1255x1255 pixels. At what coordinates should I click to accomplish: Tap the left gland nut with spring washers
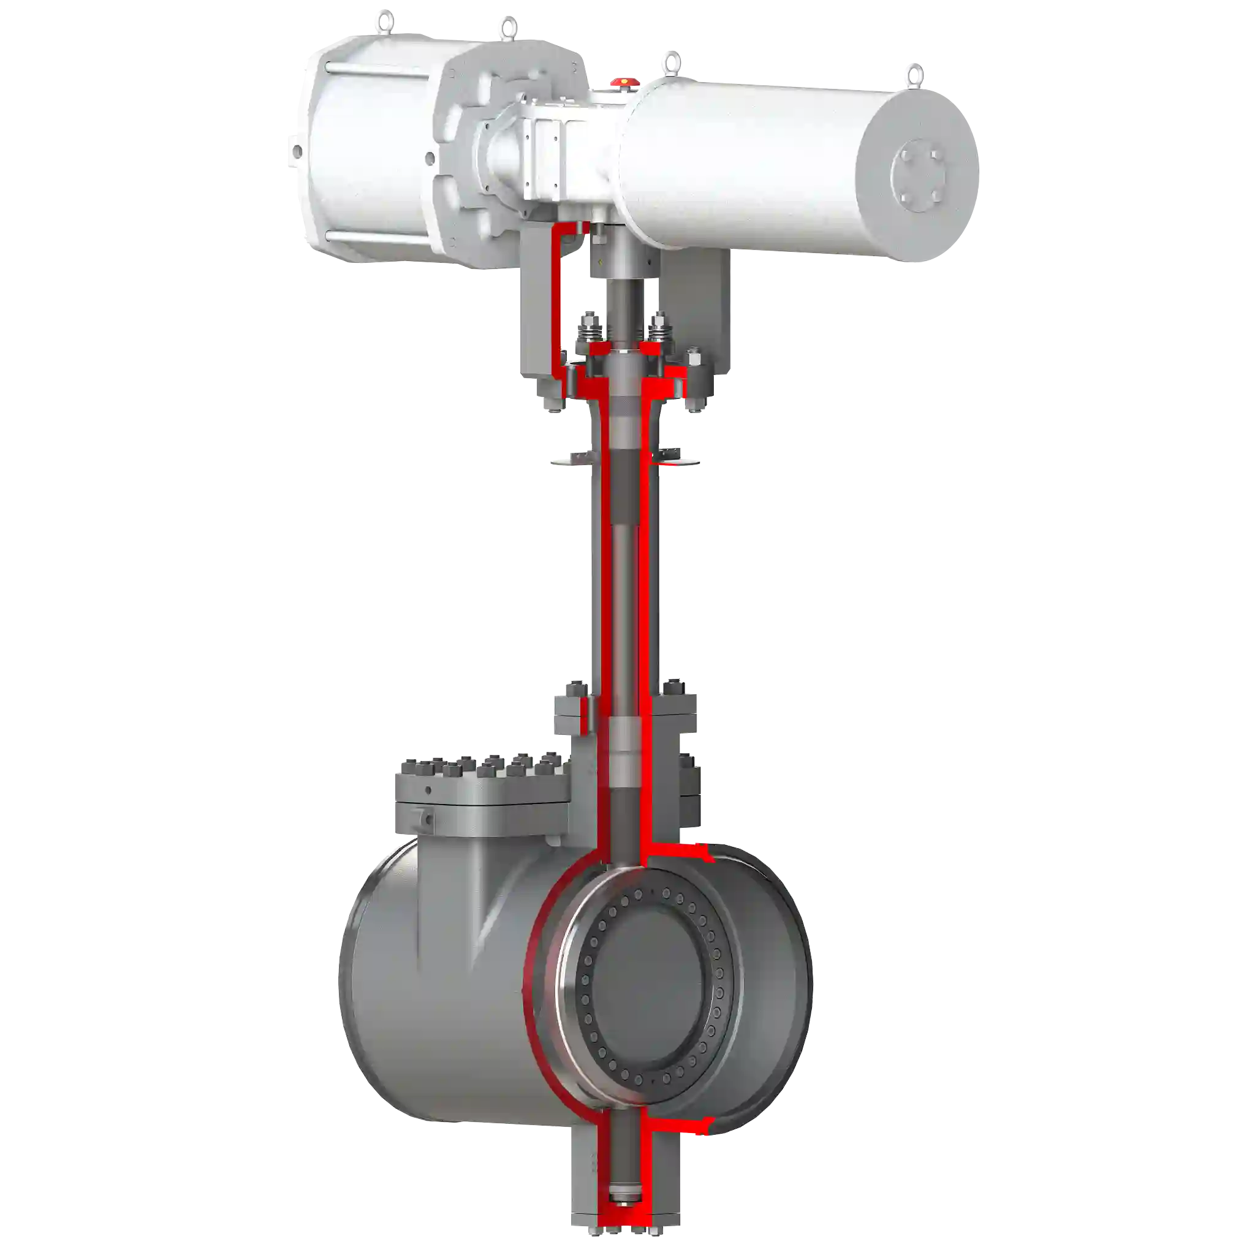coord(591,328)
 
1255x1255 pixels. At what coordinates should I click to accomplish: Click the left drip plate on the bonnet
coord(572,458)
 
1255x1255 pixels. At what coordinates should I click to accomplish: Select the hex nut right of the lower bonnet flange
coord(672,690)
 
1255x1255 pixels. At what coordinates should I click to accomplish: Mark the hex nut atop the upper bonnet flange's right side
coord(692,359)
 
